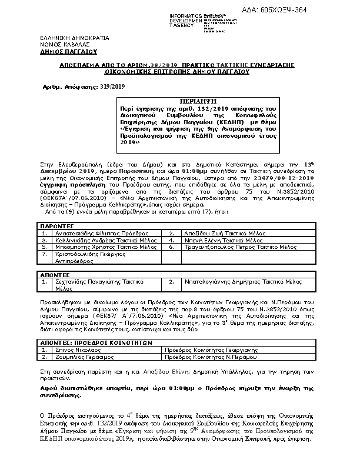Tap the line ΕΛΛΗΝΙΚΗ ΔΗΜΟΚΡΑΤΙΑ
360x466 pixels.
coord(71,38)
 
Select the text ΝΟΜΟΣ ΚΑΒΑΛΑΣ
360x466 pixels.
coord(65,45)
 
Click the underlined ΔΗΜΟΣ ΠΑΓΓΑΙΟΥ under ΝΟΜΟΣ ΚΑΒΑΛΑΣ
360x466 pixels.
coord(65,51)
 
